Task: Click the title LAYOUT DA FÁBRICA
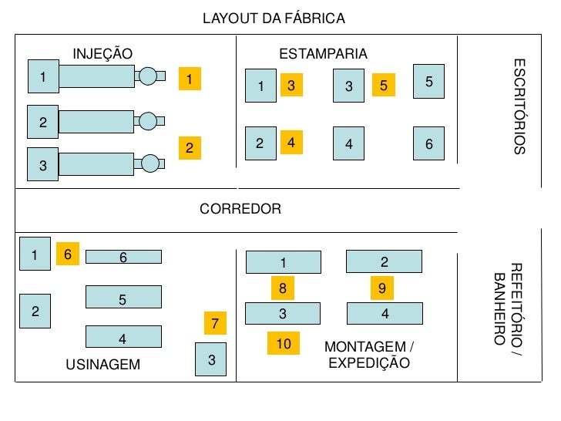click(274, 18)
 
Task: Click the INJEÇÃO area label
click(102, 53)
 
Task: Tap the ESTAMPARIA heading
click(323, 53)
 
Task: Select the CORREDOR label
click(240, 209)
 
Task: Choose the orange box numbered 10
click(284, 343)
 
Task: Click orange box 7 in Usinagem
click(215, 323)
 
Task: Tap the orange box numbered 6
click(67, 253)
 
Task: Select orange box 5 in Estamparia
click(383, 86)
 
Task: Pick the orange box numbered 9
click(381, 288)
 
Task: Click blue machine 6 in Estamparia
click(429, 143)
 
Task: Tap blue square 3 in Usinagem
click(211, 360)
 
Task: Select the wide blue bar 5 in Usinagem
click(123, 297)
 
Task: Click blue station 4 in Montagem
click(385, 313)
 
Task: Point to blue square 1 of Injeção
click(43, 76)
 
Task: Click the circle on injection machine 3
click(150, 163)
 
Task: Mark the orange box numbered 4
click(291, 143)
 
